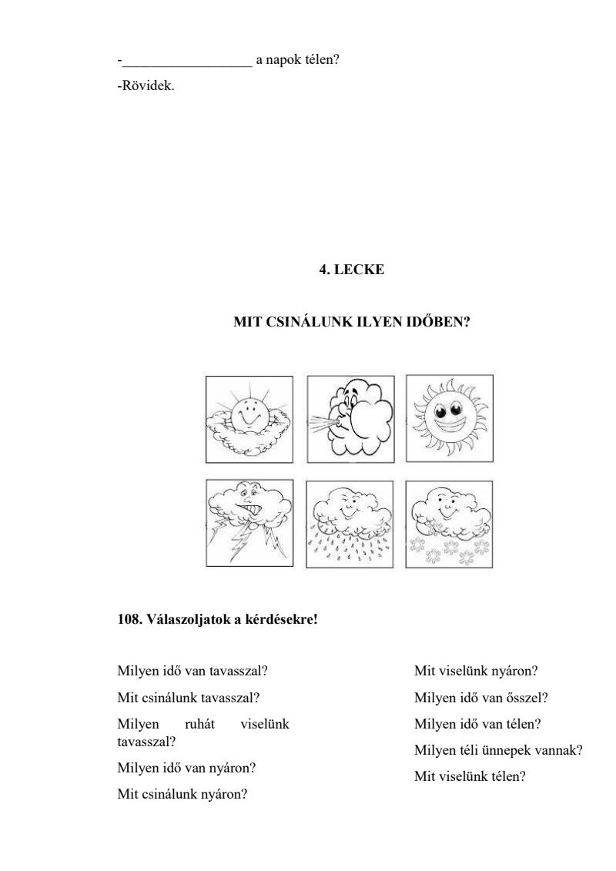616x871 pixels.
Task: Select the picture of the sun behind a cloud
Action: click(249, 419)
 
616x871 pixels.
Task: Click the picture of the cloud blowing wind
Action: click(350, 419)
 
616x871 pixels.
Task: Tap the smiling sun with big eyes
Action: click(450, 419)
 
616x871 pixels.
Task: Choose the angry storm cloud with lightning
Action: click(249, 524)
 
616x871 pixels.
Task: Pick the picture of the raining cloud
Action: click(350, 524)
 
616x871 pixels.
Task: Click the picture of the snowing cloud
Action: click(450, 524)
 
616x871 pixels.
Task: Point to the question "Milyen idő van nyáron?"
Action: click(186, 768)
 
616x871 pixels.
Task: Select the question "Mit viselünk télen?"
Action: click(470, 776)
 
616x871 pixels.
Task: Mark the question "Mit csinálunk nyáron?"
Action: click(182, 793)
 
